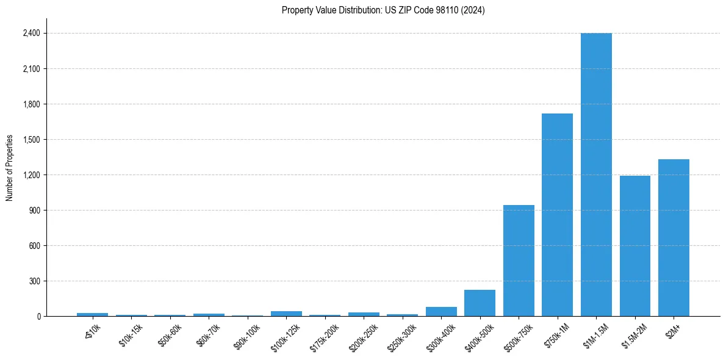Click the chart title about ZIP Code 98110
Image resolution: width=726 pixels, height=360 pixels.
click(x=383, y=10)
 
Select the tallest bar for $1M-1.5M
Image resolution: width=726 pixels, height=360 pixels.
click(x=596, y=175)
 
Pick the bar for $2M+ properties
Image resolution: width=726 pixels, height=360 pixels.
click(x=674, y=238)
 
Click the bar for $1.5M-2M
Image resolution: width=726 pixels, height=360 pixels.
click(x=634, y=246)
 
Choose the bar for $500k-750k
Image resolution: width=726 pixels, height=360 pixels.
click(x=519, y=261)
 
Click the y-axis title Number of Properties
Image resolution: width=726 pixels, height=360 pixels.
click(x=10, y=168)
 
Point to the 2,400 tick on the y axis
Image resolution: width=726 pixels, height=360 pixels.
click(x=31, y=34)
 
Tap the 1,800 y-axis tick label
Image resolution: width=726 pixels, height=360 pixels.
click(x=31, y=104)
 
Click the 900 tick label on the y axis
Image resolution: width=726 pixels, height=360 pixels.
click(x=34, y=211)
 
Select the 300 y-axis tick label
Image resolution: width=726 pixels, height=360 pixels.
click(x=34, y=281)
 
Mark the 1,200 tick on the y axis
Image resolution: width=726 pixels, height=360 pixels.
click(x=31, y=175)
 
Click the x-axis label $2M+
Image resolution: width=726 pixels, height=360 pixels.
click(x=674, y=330)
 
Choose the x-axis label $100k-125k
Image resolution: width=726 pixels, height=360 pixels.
click(x=284, y=335)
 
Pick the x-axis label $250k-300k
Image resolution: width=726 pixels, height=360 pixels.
click(x=401, y=335)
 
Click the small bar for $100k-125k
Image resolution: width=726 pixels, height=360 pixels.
click(x=286, y=314)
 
